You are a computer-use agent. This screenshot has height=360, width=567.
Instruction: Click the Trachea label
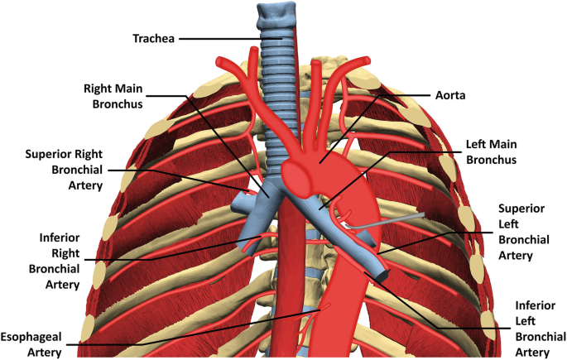(156, 38)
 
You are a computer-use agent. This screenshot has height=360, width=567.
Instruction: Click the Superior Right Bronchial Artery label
(64, 169)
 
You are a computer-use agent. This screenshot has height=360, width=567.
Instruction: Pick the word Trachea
(156, 38)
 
